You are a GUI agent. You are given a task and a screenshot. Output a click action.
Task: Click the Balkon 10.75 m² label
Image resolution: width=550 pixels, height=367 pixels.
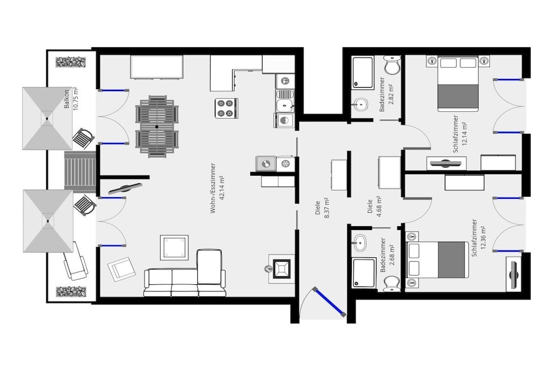(70, 99)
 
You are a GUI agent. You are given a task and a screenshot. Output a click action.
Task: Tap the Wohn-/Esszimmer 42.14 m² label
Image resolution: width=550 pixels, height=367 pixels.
(217, 189)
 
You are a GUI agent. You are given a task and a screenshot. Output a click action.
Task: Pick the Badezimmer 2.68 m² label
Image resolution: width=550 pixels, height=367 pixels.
(387, 255)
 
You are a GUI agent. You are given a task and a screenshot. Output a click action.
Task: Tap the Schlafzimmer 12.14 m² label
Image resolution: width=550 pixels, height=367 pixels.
(460, 134)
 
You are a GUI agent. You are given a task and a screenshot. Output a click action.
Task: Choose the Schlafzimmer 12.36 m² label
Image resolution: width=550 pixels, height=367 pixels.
(479, 238)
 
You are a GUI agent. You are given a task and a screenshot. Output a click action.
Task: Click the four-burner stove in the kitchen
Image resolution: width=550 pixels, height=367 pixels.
(225, 108)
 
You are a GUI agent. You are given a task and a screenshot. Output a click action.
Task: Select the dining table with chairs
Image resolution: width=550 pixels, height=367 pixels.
(157, 127)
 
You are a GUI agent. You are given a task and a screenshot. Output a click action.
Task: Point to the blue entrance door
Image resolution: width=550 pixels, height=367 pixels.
(329, 301)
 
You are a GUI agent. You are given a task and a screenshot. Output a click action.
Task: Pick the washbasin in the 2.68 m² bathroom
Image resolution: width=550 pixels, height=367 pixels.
(359, 242)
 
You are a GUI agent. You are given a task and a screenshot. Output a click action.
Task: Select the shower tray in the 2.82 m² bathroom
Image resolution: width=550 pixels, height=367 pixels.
(363, 73)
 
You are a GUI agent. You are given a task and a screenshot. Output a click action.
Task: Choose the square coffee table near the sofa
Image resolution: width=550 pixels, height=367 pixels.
(175, 248)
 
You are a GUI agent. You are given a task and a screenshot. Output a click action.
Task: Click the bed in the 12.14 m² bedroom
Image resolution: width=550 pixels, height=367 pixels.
(458, 83)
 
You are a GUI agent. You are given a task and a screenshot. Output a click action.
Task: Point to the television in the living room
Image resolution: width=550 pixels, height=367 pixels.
(125, 189)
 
